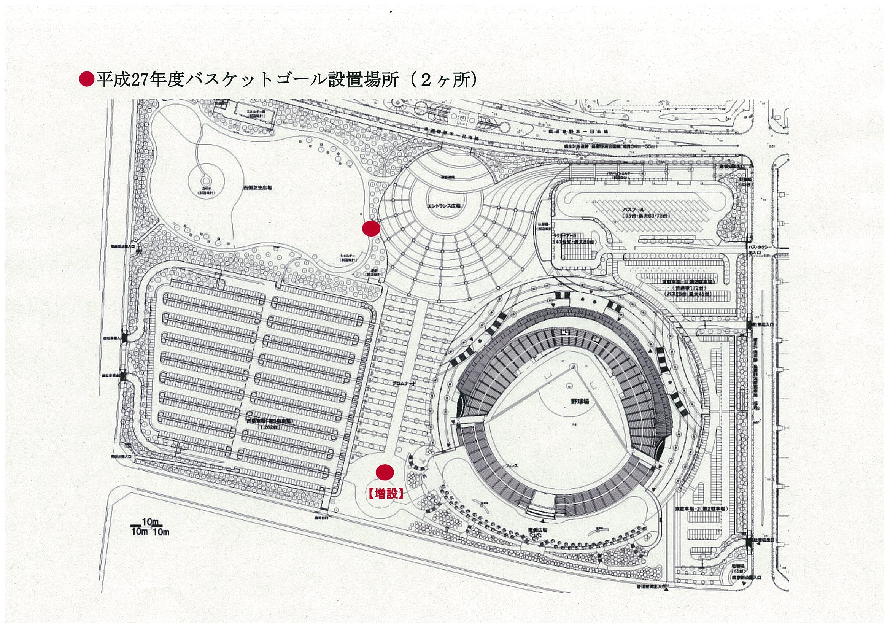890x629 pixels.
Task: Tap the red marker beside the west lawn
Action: click(x=370, y=229)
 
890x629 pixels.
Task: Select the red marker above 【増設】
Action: click(x=385, y=472)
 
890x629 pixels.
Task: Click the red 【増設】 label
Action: click(x=385, y=494)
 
